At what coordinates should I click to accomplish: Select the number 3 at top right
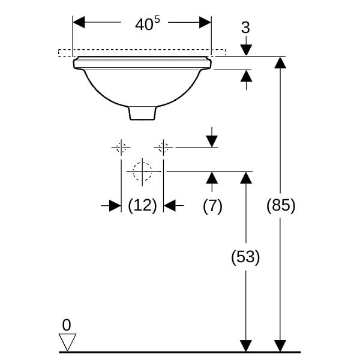click(246, 28)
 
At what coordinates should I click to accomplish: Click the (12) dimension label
click(143, 206)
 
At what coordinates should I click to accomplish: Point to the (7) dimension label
click(212, 206)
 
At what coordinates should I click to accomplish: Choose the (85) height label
click(281, 205)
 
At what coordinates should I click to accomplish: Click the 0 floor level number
click(66, 325)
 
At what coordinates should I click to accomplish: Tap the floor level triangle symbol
click(67, 342)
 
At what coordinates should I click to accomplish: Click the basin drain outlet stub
click(143, 112)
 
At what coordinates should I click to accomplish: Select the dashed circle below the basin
click(142, 171)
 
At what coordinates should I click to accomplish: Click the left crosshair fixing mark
click(121, 146)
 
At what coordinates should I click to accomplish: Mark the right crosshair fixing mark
click(163, 146)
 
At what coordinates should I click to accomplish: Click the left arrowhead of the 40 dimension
click(79, 22)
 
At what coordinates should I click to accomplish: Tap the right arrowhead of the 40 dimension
click(205, 22)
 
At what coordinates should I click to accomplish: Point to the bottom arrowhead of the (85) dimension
click(280, 346)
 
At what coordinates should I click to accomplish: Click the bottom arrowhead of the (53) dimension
click(245, 346)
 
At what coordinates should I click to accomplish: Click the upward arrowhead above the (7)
click(211, 177)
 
